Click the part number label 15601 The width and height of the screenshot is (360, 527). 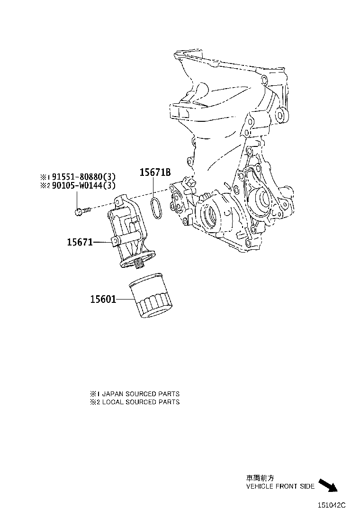click(x=103, y=300)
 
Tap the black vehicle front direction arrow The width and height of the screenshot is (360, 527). click(x=328, y=485)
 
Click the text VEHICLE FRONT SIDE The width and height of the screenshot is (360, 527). click(x=280, y=486)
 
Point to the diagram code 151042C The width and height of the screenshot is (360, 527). click(x=331, y=505)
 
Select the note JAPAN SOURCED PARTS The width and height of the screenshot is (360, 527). click(x=139, y=394)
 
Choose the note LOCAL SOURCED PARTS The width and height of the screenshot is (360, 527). click(x=139, y=402)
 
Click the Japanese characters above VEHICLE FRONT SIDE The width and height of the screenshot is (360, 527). click(x=260, y=479)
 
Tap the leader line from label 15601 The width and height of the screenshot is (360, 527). click(x=123, y=300)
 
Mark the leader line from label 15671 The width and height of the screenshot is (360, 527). click(x=102, y=242)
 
